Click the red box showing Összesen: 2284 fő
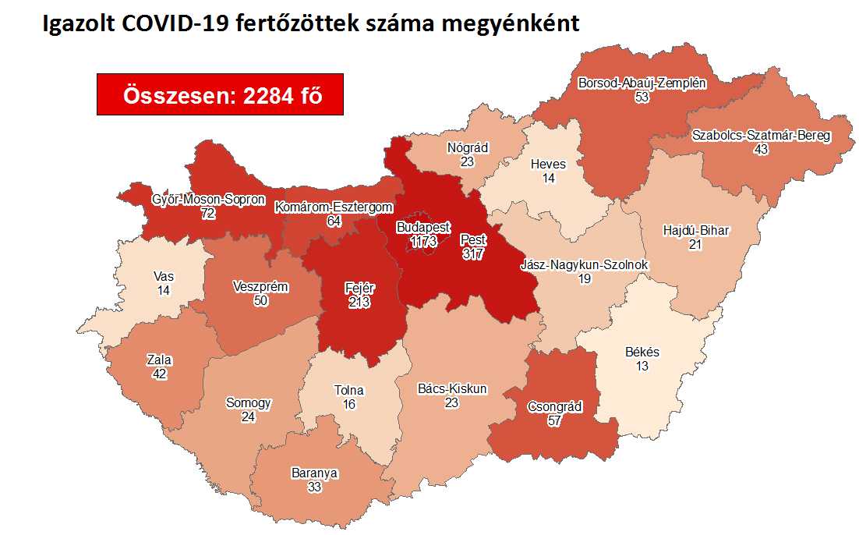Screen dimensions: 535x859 (x=220, y=94)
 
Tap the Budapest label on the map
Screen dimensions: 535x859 (x=422, y=228)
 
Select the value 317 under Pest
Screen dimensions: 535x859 (x=472, y=253)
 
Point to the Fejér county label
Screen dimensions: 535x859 (x=359, y=289)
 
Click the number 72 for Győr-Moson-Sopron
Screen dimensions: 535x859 (x=207, y=213)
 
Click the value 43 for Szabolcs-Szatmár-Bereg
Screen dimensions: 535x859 (x=761, y=149)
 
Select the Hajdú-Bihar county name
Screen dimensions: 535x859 (x=695, y=231)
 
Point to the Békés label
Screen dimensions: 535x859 (x=642, y=352)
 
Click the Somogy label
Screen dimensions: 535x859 (x=248, y=403)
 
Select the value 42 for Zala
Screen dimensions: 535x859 (x=159, y=374)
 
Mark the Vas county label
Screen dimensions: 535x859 (x=164, y=276)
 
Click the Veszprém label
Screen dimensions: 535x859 (x=260, y=287)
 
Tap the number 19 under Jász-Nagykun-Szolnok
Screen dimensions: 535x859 (x=584, y=278)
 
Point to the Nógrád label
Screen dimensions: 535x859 (x=468, y=147)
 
